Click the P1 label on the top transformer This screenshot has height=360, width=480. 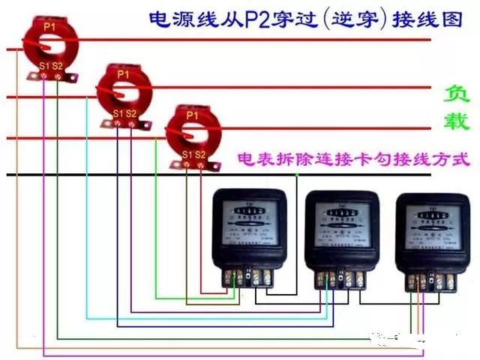click(x=49, y=27)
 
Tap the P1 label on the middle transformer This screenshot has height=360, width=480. click(x=123, y=74)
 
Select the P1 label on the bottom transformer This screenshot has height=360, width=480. click(x=192, y=115)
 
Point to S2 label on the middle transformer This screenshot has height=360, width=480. click(x=131, y=114)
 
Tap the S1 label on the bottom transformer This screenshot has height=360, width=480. click(x=187, y=154)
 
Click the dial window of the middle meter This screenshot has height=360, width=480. click(x=342, y=218)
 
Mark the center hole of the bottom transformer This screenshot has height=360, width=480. click(x=193, y=133)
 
